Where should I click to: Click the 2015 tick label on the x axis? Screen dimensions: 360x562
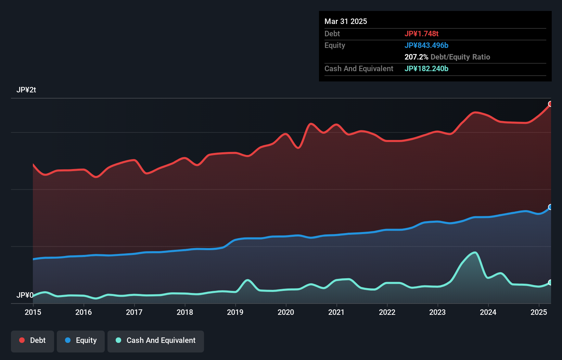33,312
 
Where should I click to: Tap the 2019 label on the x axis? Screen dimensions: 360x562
235,312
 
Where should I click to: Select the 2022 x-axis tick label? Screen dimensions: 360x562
387,312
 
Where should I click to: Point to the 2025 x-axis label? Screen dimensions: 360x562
539,312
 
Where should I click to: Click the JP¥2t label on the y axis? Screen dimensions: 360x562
26,90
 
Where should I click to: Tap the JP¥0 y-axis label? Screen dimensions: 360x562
25,295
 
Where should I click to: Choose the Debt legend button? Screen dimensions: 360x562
33,340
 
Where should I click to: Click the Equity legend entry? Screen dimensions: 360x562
81,340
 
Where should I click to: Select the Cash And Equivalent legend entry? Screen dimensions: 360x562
156,340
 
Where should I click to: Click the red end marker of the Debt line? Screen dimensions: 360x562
550,104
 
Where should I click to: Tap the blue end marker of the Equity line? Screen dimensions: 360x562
550,207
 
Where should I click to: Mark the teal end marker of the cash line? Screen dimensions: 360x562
550,282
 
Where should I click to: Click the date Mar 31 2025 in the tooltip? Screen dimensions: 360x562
346,21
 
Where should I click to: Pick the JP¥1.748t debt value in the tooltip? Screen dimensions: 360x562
421,34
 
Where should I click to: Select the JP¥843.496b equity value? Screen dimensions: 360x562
426,45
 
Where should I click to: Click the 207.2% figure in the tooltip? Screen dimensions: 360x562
416,57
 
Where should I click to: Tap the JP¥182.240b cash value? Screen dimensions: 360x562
426,68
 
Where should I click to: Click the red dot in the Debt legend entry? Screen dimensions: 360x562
22,340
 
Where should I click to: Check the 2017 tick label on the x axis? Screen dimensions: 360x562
134,312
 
